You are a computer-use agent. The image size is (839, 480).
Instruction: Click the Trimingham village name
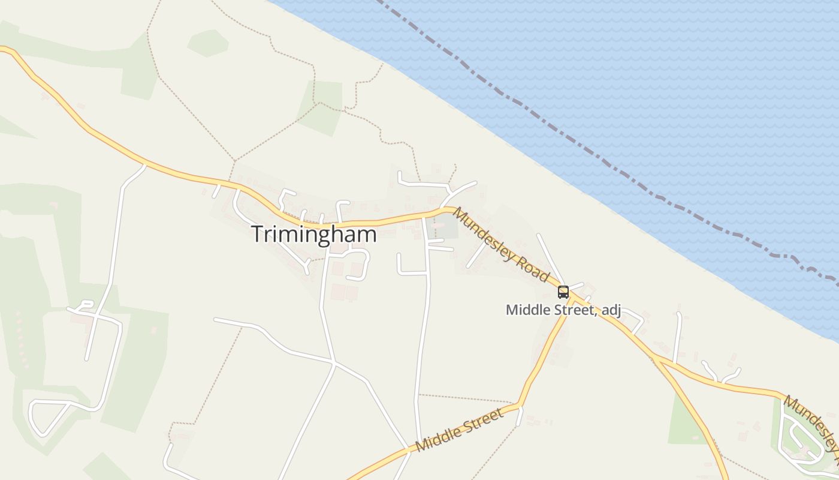click(314, 234)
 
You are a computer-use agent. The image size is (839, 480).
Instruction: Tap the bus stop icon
click(563, 292)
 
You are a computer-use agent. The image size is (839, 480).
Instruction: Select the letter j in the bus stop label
click(618, 311)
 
